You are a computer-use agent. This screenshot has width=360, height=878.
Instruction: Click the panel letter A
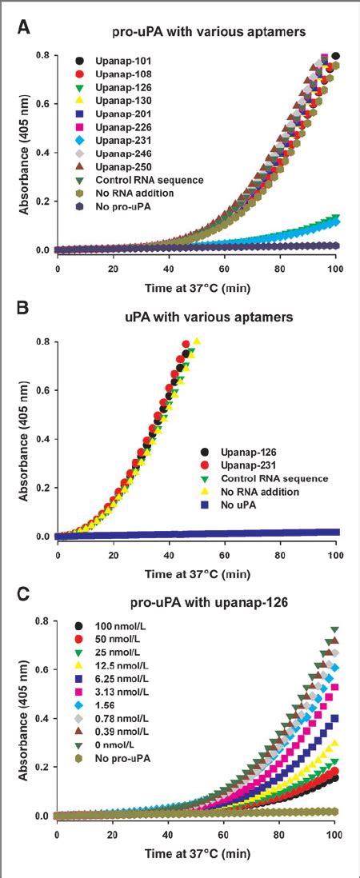coord(25,26)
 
